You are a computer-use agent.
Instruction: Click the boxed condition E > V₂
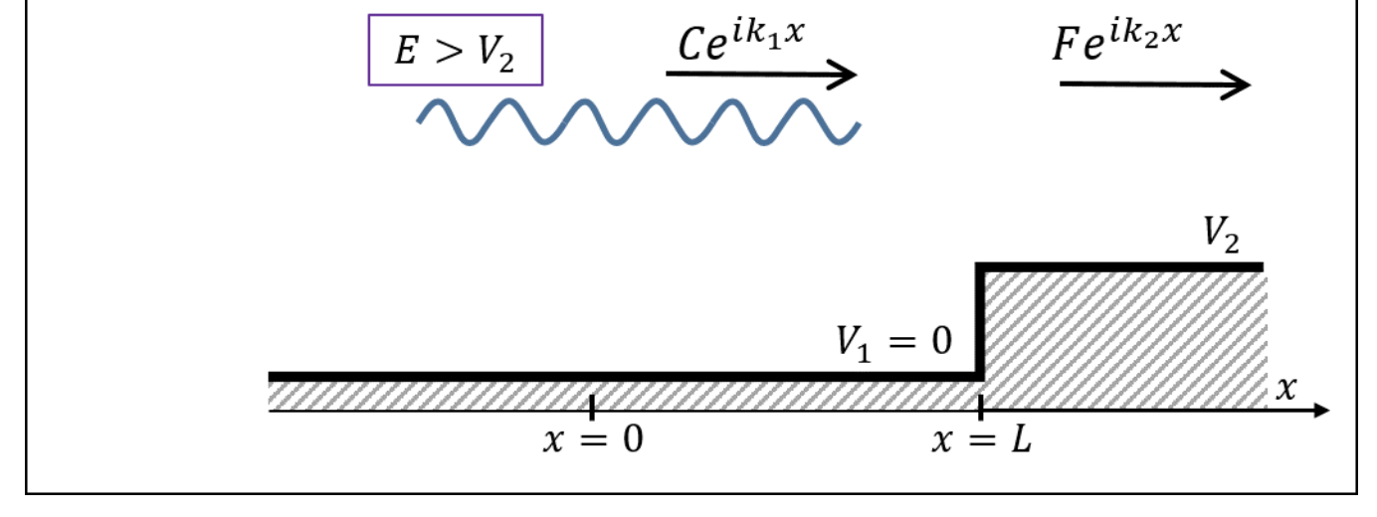(x=456, y=50)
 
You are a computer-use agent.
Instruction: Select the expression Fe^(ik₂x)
(x=1117, y=42)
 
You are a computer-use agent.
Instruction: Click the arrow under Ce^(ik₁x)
(x=761, y=75)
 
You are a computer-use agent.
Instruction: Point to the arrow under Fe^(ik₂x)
(x=1154, y=85)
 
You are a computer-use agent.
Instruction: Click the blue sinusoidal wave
(x=637, y=122)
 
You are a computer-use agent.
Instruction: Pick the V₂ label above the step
(x=1222, y=233)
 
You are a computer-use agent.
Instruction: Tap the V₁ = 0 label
(x=892, y=344)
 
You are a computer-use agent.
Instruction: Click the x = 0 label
(x=593, y=439)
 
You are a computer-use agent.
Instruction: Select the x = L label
(x=981, y=439)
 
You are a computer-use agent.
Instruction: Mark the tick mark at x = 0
(x=592, y=407)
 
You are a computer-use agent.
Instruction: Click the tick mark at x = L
(x=981, y=407)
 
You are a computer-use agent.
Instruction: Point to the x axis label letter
(x=1286, y=388)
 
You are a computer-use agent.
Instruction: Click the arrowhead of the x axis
(x=1320, y=410)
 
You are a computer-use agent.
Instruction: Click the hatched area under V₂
(x=1124, y=338)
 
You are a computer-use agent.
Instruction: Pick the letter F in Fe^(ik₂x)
(x=1067, y=45)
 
